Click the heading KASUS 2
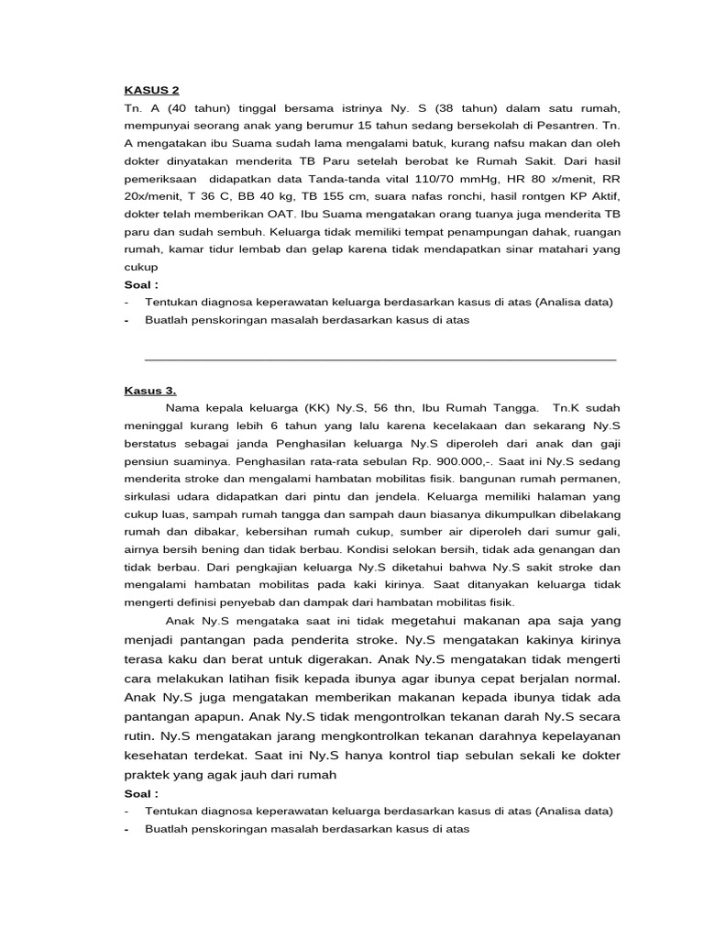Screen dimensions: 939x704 tap(152, 90)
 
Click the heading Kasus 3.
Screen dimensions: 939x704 tap(150, 390)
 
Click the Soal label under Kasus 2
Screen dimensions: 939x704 tap(142, 284)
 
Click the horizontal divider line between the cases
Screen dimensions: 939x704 tap(380, 359)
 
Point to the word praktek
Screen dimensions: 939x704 tap(151, 774)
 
